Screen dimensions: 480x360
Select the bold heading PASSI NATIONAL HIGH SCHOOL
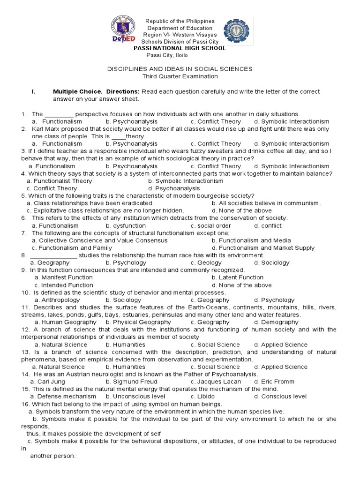[180, 48]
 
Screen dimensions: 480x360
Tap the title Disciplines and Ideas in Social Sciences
[180, 69]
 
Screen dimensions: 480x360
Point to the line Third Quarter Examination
[180, 76]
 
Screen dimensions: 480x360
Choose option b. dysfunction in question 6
[126, 225]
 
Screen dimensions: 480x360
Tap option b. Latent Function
[237, 277]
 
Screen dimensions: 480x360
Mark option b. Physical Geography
[132, 322]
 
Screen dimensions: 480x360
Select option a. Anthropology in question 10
[57, 300]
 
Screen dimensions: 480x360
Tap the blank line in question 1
[59, 114]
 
